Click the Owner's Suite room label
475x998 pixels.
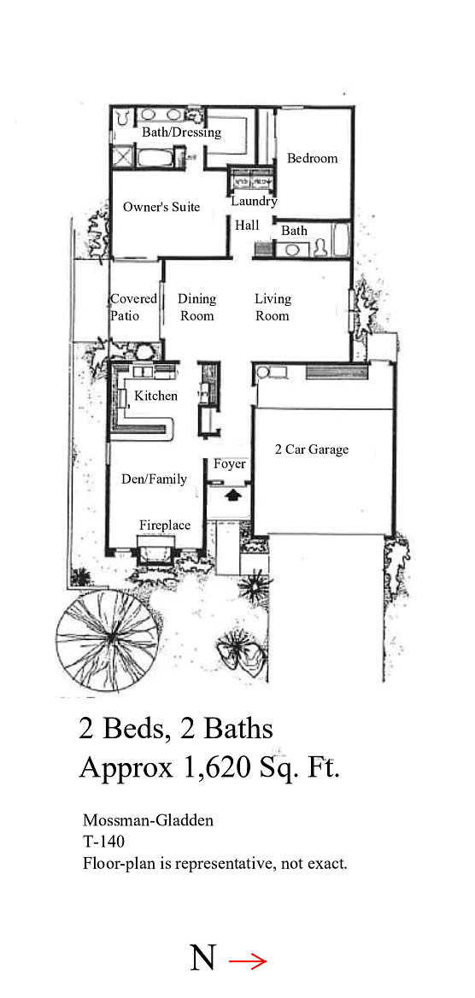(x=161, y=207)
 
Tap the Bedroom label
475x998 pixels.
(x=312, y=158)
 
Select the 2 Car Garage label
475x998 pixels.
(x=312, y=449)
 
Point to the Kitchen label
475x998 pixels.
(x=156, y=396)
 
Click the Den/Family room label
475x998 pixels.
(x=154, y=479)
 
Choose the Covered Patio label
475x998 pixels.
(x=133, y=308)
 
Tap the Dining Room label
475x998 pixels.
(x=196, y=308)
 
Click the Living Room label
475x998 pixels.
(x=273, y=308)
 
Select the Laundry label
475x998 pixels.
(x=254, y=202)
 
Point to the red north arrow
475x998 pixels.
(x=247, y=962)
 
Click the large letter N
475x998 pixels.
(x=202, y=958)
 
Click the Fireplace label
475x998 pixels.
(x=165, y=525)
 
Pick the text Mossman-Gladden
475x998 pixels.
(x=149, y=820)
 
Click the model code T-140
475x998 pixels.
(x=103, y=842)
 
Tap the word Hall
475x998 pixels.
(x=247, y=226)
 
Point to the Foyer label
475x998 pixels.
(x=229, y=464)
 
